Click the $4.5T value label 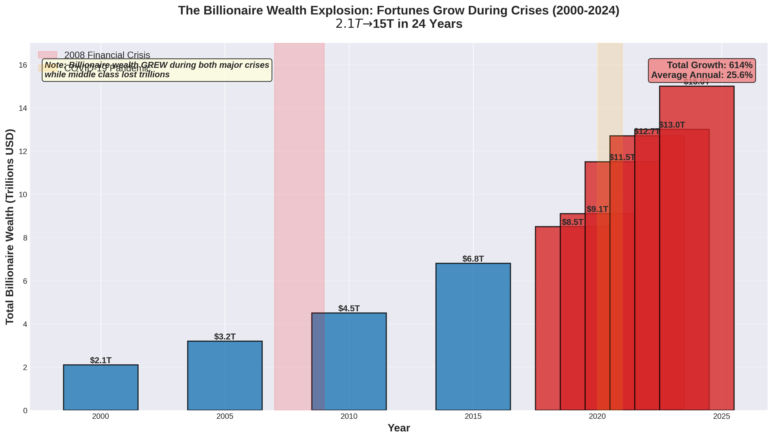[x=349, y=308]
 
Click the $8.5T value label [x=572, y=222]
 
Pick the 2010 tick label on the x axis [x=349, y=417]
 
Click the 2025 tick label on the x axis [x=721, y=417]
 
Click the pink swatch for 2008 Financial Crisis [x=47, y=55]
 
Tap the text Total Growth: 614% [x=709, y=65]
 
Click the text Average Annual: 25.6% [x=702, y=75]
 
